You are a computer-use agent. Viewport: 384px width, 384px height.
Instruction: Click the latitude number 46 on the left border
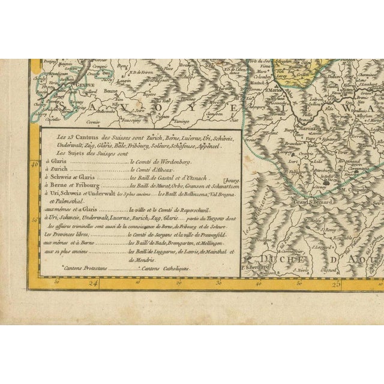[x=35, y=163]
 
